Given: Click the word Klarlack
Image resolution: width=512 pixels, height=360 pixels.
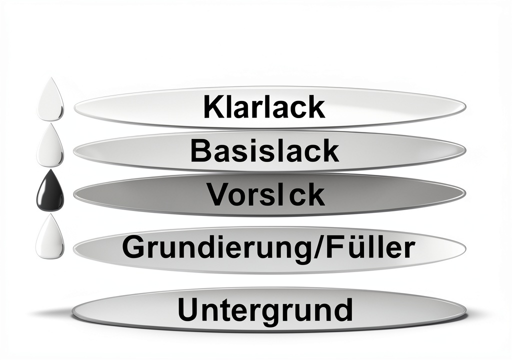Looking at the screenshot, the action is coord(264,107).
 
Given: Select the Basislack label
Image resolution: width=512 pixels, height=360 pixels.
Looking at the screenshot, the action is coord(264,150).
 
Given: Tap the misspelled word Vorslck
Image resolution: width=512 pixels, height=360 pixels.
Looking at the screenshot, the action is coord(266,194).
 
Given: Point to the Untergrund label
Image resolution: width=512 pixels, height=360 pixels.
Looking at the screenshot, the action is coord(265,309).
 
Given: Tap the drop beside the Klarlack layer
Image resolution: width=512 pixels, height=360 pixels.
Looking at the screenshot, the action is coord(50,99).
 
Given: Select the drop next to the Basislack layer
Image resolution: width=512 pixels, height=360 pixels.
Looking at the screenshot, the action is coord(50,145).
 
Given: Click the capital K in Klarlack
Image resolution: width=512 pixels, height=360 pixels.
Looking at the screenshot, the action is coord(214,107).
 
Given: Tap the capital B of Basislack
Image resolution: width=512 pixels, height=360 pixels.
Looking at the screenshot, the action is coord(200,150).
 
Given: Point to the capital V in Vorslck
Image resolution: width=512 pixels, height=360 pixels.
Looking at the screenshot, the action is coord(218,194).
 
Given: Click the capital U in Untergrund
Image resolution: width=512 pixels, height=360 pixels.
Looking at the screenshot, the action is coord(188,309).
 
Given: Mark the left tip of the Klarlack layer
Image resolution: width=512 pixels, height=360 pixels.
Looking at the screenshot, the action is coord(74,107).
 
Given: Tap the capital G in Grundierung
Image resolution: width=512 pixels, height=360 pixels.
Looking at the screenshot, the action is coord(134,247).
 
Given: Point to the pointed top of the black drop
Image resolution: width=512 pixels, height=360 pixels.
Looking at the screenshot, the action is coord(50,169).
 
